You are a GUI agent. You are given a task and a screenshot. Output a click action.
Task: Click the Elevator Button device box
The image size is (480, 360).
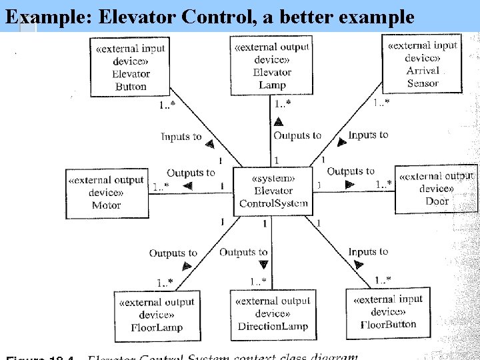[x=130, y=67]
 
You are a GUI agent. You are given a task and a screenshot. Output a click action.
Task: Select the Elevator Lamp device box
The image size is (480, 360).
[x=272, y=66]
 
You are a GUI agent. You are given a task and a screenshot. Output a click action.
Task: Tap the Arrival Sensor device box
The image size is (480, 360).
[x=423, y=64]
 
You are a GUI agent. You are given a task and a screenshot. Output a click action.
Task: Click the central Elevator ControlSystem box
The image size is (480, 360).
[x=273, y=191]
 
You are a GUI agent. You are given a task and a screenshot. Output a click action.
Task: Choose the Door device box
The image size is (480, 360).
[x=437, y=189]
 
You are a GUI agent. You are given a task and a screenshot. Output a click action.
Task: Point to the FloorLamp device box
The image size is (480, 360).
[x=156, y=315]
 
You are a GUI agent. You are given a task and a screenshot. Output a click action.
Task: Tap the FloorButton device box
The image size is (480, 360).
[x=388, y=313]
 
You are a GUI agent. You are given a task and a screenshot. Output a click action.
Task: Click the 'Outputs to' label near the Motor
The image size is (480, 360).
[x=191, y=173]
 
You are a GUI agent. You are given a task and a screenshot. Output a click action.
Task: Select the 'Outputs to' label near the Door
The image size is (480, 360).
[x=351, y=171]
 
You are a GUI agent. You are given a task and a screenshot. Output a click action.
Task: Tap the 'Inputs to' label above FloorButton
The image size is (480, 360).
[x=368, y=251]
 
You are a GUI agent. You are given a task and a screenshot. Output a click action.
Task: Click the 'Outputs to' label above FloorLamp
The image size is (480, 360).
[x=173, y=253]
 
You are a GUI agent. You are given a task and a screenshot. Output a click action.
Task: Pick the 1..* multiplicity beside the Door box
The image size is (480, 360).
[x=384, y=184]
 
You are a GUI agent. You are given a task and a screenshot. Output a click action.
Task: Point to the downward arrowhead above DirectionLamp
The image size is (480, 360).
[x=263, y=265]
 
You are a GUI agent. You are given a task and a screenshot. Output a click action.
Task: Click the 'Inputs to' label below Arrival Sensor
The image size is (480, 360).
[x=368, y=135]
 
